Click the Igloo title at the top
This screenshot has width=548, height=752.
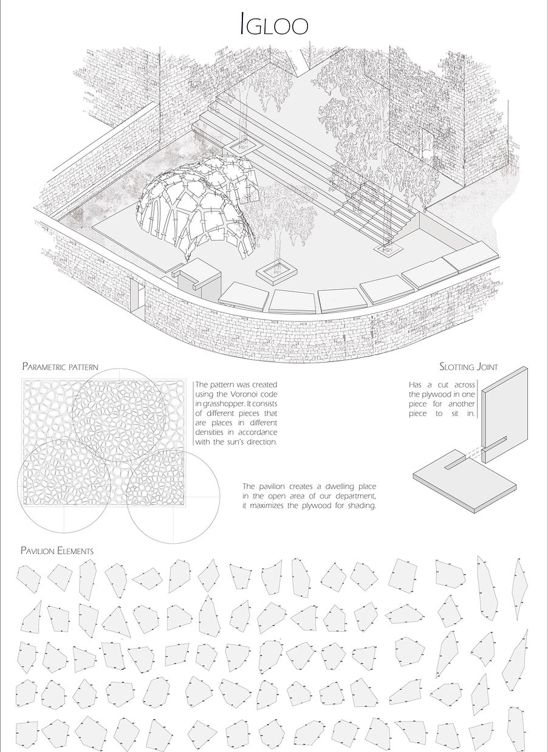click(274, 26)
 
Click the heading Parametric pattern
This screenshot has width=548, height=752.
click(60, 366)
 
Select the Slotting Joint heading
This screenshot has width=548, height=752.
click(470, 366)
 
